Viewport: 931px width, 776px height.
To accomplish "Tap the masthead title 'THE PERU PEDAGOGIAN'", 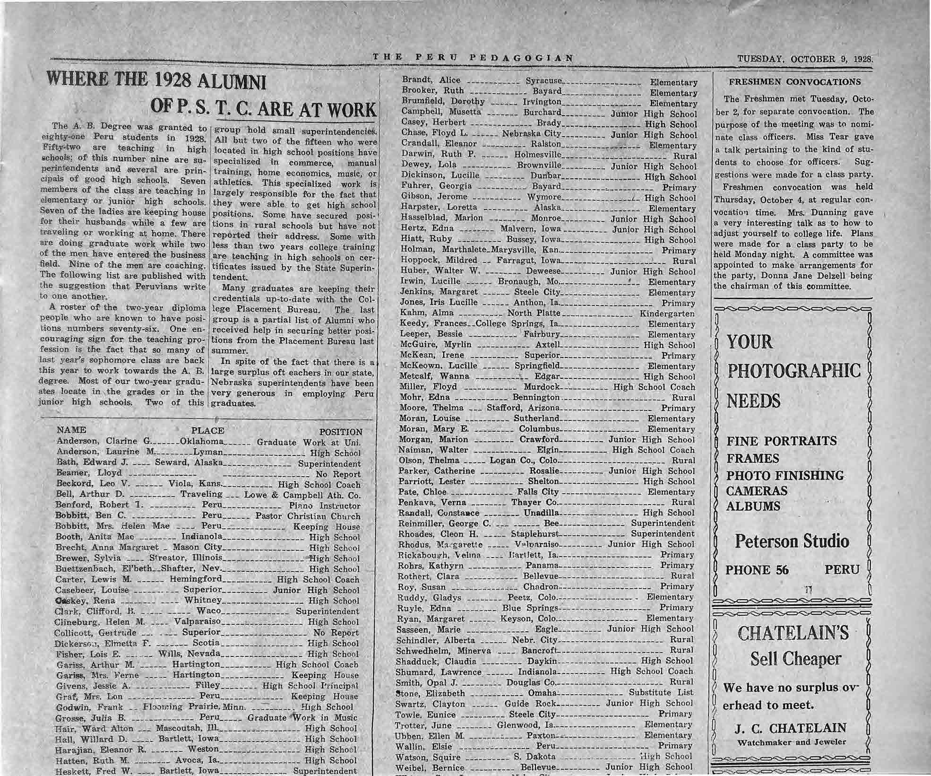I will point(473,58).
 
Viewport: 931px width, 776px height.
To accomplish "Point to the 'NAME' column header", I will point(71,430).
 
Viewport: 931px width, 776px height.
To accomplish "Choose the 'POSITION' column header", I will point(341,432).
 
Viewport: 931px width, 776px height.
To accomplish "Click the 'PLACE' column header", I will point(207,431).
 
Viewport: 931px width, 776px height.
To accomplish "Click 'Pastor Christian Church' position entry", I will point(308,516).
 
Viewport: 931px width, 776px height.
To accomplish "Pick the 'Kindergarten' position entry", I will point(667,314).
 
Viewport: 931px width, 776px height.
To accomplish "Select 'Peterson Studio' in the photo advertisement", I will point(792,541).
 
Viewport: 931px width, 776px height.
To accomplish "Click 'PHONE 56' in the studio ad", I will point(757,570).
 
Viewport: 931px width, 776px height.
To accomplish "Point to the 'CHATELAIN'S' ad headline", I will point(793,633).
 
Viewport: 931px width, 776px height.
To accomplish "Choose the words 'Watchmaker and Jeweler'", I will point(792,742).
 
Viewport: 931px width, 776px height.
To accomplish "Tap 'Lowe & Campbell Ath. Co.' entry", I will point(302,495).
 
